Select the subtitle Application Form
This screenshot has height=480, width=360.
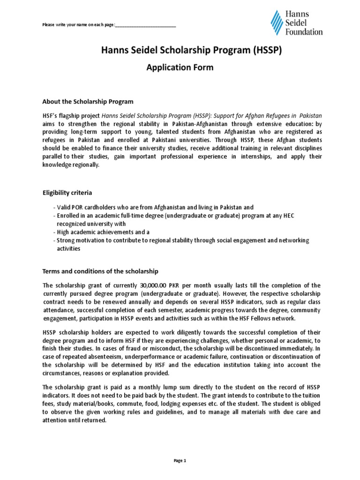pos(180,67)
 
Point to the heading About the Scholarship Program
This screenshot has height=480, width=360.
pos(88,101)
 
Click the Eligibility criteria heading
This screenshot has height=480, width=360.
pos(67,193)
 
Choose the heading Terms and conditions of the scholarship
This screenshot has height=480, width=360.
pos(101,271)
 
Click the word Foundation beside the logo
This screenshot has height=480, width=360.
pos(305,32)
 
